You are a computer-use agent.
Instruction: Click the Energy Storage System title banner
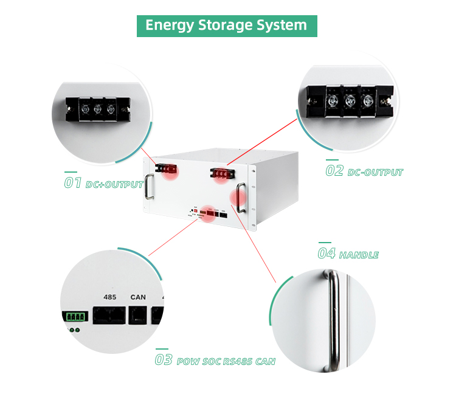click(227, 26)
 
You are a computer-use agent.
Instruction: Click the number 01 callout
click(73, 182)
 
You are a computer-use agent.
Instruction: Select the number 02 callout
click(334, 170)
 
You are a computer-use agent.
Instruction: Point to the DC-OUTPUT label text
click(375, 172)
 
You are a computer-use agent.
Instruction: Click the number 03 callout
click(164, 359)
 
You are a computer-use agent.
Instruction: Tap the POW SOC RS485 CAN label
click(226, 362)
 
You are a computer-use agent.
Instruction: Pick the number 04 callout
click(327, 253)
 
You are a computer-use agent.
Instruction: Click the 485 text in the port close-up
click(110, 297)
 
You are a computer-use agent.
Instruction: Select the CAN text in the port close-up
click(138, 297)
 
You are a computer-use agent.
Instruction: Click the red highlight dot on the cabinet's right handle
click(237, 198)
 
